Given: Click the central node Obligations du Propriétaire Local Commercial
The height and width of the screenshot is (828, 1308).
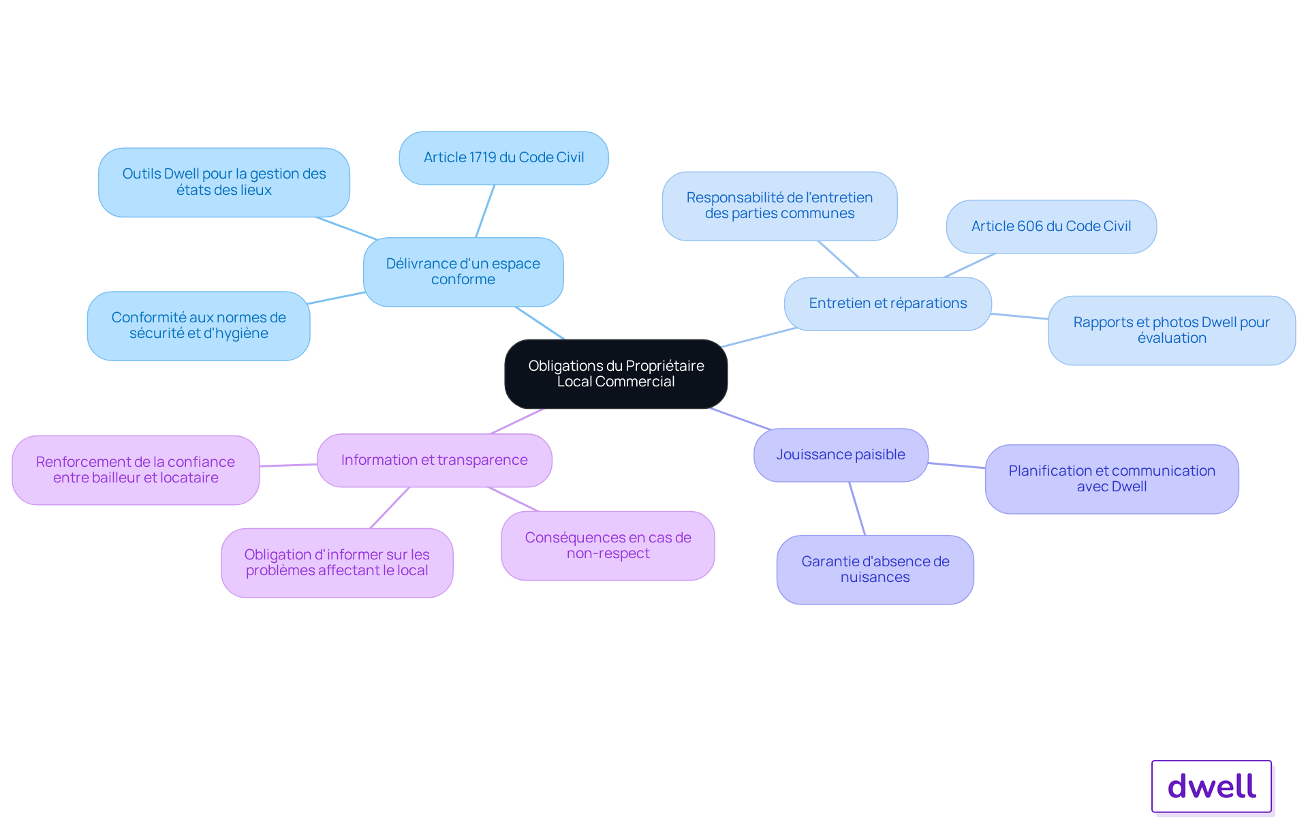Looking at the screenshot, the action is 616,373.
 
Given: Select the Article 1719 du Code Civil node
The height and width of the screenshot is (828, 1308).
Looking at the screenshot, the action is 503,157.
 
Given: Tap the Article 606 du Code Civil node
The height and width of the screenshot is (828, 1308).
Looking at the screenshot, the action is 1051,226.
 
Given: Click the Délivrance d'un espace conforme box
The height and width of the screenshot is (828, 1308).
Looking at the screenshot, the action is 463,271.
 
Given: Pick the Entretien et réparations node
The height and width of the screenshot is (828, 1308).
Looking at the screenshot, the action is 888,303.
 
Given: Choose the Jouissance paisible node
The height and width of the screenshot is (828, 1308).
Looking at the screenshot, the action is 841,455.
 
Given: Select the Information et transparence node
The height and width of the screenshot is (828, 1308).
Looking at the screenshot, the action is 435,460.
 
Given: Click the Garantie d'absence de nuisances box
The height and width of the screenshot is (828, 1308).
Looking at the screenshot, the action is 875,569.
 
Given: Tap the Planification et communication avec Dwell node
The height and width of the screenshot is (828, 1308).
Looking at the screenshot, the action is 1112,478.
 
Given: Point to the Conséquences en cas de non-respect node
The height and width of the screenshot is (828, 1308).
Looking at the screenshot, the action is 608,545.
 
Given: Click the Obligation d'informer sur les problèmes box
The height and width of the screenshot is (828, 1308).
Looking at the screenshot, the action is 337,562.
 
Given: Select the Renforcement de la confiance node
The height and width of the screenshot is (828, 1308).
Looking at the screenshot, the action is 136,470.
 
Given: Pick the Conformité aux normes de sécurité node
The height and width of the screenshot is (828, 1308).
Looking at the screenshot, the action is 198,326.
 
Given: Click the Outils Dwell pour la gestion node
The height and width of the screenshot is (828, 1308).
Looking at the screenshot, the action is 224,182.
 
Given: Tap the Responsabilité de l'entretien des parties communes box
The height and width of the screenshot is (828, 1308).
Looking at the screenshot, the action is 779,206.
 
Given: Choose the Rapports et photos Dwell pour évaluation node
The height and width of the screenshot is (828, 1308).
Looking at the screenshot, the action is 1172,330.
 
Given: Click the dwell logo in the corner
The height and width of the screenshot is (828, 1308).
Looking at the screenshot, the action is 1212,786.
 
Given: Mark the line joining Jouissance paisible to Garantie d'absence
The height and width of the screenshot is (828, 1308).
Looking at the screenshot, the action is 857,508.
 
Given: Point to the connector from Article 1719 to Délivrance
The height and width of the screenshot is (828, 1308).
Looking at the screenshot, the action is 485,211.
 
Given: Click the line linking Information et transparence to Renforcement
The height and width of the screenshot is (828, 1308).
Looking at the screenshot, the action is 288,465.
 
